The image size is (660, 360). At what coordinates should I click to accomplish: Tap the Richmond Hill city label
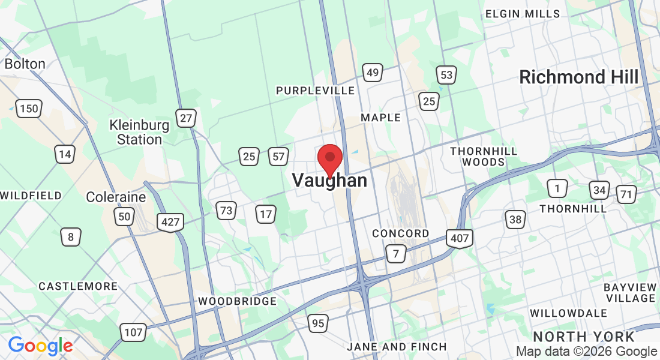[579, 77]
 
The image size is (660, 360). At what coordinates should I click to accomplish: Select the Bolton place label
[25, 64]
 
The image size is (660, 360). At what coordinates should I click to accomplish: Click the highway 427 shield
[171, 222]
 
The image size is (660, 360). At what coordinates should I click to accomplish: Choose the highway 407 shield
[460, 238]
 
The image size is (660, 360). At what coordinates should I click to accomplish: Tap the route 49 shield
[373, 73]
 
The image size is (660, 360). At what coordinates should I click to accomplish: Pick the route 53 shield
[446, 75]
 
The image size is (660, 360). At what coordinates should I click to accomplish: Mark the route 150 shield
[29, 109]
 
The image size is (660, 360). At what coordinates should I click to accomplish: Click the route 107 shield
[133, 331]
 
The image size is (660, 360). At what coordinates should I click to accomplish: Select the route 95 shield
[318, 324]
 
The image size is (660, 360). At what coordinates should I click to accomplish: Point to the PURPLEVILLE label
[315, 91]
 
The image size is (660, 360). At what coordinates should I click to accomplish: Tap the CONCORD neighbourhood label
[401, 233]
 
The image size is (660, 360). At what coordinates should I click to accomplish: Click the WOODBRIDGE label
[238, 301]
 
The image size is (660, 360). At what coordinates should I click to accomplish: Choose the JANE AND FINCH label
[397, 347]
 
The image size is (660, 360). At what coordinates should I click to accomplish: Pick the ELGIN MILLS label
[523, 14]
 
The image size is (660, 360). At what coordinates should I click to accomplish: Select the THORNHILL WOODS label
[484, 156]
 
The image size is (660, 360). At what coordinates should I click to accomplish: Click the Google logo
[40, 346]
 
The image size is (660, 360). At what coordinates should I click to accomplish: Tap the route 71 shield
[626, 194]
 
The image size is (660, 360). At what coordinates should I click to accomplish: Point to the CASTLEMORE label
[78, 287]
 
